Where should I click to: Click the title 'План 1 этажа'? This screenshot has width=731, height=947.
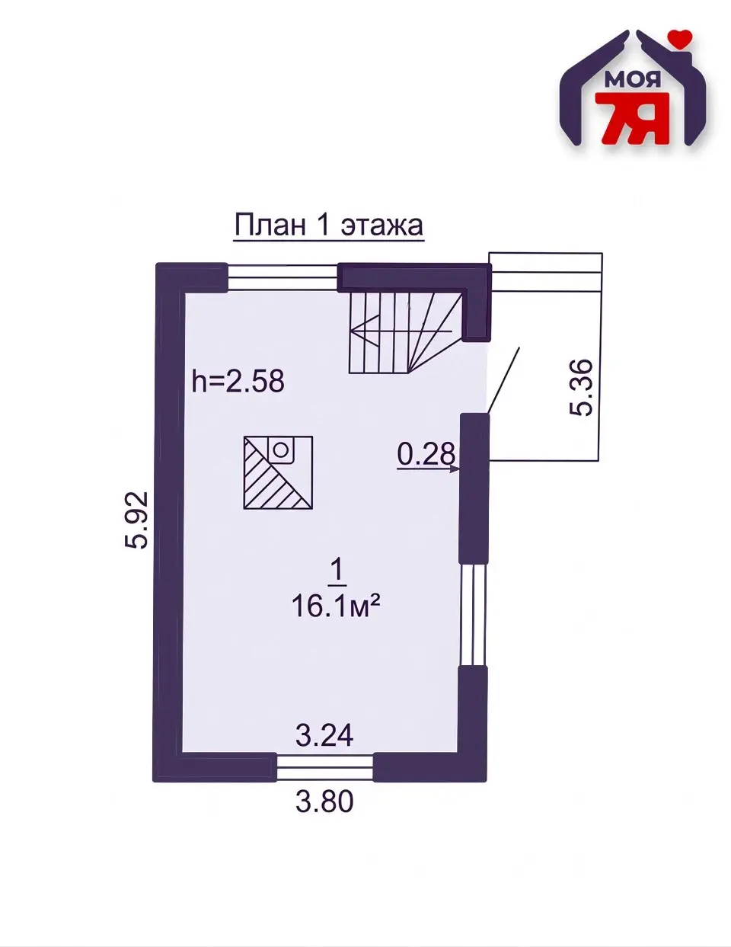329,226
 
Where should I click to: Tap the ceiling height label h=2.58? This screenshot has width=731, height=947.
238,380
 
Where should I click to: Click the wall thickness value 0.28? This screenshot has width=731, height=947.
426,453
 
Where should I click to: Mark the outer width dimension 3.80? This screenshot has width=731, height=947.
324,802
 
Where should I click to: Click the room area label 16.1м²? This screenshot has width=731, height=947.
336,606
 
